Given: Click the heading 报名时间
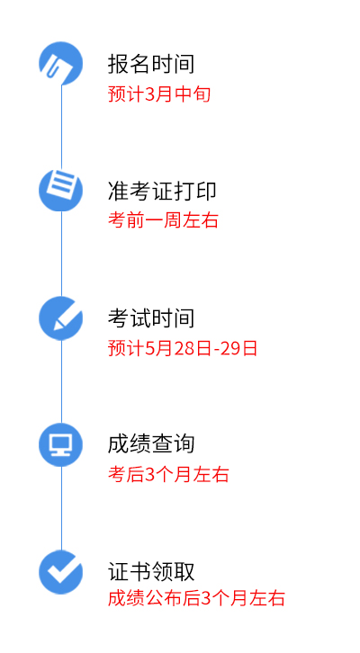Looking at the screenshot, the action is (151, 64).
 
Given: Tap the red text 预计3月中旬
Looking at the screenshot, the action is (159, 94).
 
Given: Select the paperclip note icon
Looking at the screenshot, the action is (61, 63).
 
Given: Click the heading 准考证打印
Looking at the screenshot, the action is (162, 192).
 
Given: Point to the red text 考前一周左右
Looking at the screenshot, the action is (163, 219).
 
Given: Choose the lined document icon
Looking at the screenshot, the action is (61, 190).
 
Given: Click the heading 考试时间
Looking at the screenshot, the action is (151, 318).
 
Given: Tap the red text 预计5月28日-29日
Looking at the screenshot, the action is (183, 348).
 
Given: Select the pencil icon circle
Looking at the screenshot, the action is (61, 318).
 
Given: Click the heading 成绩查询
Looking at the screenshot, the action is (151, 444).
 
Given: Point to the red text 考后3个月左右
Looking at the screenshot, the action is (168, 475).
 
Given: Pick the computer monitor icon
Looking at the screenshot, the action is (61, 444).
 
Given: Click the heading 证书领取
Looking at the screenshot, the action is (151, 571).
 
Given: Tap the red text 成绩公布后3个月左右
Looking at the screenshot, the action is (196, 598).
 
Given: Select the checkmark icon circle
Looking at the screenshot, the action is (61, 572).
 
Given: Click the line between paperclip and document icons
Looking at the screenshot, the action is (62, 127).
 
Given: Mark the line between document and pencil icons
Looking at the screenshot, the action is (62, 254).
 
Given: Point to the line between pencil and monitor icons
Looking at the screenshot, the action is (62, 381).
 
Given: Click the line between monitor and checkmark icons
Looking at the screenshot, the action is (62, 508).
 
